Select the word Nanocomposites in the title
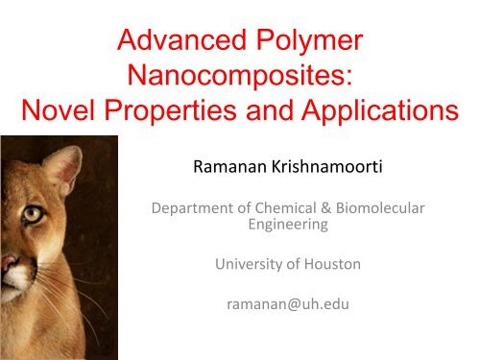tap(236, 80)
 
